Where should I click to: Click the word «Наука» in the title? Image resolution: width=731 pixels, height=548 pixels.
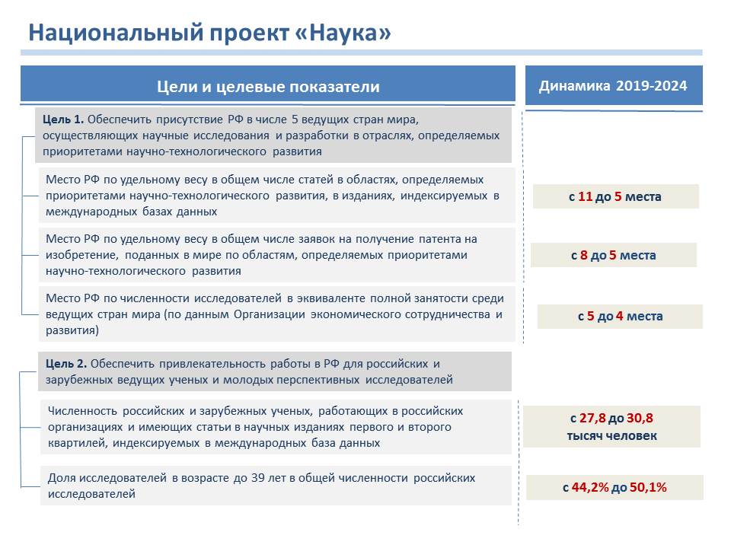pos(343,33)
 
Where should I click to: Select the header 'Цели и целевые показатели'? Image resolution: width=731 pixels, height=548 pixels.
pos(268,87)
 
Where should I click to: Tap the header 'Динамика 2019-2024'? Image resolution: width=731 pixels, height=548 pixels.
pos(613,86)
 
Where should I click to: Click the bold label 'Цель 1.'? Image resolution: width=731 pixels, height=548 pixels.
pos(63,119)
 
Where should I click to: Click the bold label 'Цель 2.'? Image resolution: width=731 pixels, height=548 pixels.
pos(66,364)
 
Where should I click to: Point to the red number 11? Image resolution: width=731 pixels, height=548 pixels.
pos(585,196)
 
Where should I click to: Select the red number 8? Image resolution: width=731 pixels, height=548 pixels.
pos(584,256)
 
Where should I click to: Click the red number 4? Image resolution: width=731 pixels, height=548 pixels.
pos(619,317)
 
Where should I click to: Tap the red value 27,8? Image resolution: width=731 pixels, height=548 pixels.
pos(592,419)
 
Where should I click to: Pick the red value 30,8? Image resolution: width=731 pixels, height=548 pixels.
pos(640,419)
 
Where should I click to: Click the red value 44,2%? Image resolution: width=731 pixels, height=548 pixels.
pos(590,487)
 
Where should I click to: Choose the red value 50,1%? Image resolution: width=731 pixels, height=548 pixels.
pos(648,487)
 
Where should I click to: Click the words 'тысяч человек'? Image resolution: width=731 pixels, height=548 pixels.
pos(611,436)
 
